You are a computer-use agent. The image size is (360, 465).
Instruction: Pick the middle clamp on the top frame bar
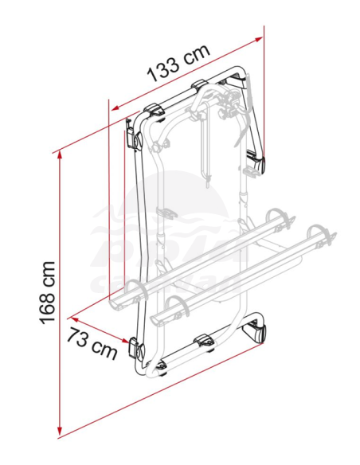pos(200,86)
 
